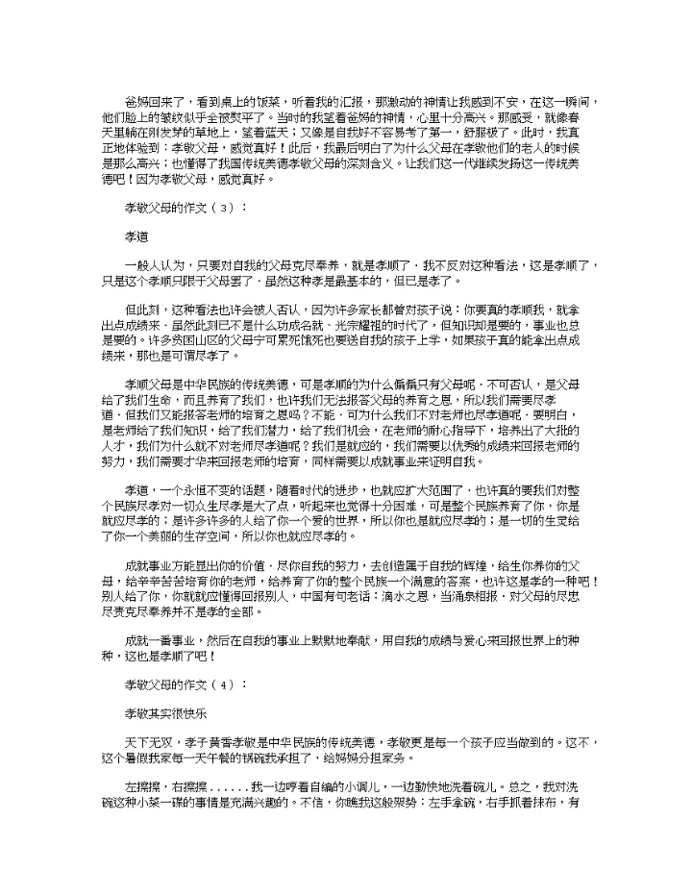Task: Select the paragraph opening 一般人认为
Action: click(156, 262)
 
